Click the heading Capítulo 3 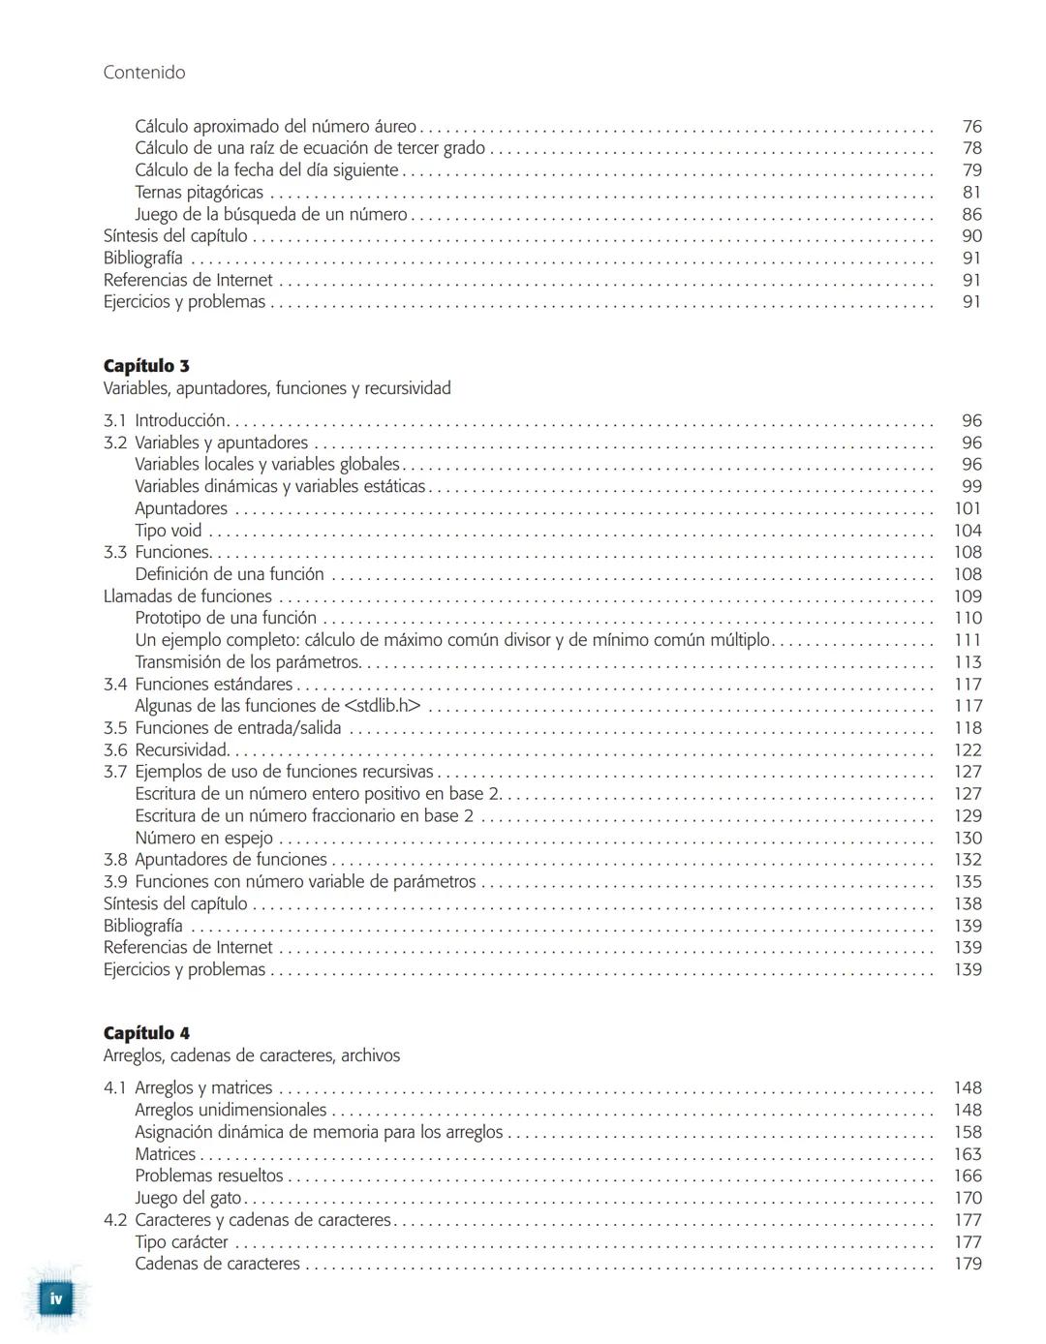tap(146, 366)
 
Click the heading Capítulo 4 tap(146, 1033)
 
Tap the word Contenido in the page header tap(143, 73)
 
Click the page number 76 tap(971, 127)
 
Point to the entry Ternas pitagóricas tap(199, 193)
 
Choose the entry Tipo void tap(169, 531)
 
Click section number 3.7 tap(115, 772)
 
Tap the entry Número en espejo tap(203, 839)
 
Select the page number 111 tap(968, 640)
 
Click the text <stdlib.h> tap(383, 706)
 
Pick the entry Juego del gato tap(188, 1198)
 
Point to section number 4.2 tap(115, 1220)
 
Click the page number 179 tap(968, 1264)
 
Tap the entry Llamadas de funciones tap(188, 596)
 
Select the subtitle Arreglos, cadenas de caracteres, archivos tap(252, 1055)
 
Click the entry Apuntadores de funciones tap(231, 860)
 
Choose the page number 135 tap(968, 882)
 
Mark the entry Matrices tap(165, 1154)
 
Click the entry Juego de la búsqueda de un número tap(271, 215)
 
